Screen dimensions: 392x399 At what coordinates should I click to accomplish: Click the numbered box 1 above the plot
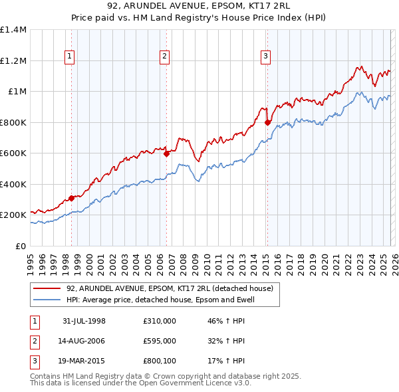coord(70,56)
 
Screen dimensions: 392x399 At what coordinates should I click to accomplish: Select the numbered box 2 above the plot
coord(164,56)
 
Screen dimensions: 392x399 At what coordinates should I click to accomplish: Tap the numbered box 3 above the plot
coord(265,56)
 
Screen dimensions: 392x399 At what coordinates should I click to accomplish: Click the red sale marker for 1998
coord(72,198)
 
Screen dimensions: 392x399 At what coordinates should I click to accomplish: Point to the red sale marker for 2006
coord(166,154)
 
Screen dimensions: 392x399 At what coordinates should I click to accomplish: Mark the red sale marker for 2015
coord(267,122)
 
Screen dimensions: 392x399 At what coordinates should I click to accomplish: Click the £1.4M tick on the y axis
coord(13,30)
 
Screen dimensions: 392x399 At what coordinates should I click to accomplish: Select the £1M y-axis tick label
coord(17,92)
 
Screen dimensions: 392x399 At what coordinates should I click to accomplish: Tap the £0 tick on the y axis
coord(21,246)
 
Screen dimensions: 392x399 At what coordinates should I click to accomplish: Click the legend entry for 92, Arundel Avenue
coord(170,288)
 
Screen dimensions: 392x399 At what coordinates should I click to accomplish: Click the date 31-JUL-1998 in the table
coord(84,321)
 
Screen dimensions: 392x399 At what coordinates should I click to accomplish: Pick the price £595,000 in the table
coord(160,341)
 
